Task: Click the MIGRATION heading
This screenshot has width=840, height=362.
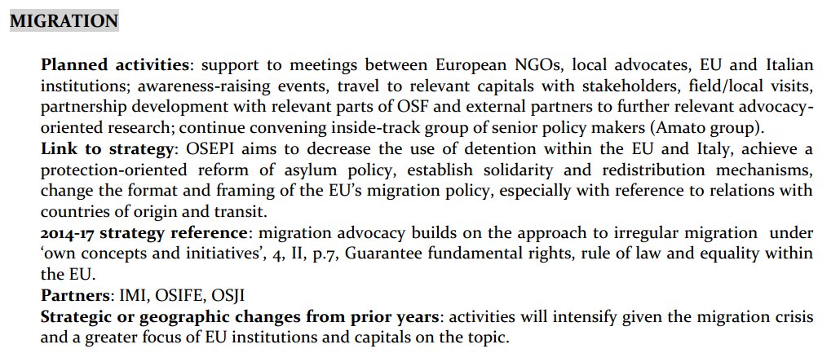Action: (x=64, y=20)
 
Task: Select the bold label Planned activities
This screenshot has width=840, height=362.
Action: (x=115, y=64)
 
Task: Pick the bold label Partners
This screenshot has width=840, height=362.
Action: (x=73, y=295)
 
